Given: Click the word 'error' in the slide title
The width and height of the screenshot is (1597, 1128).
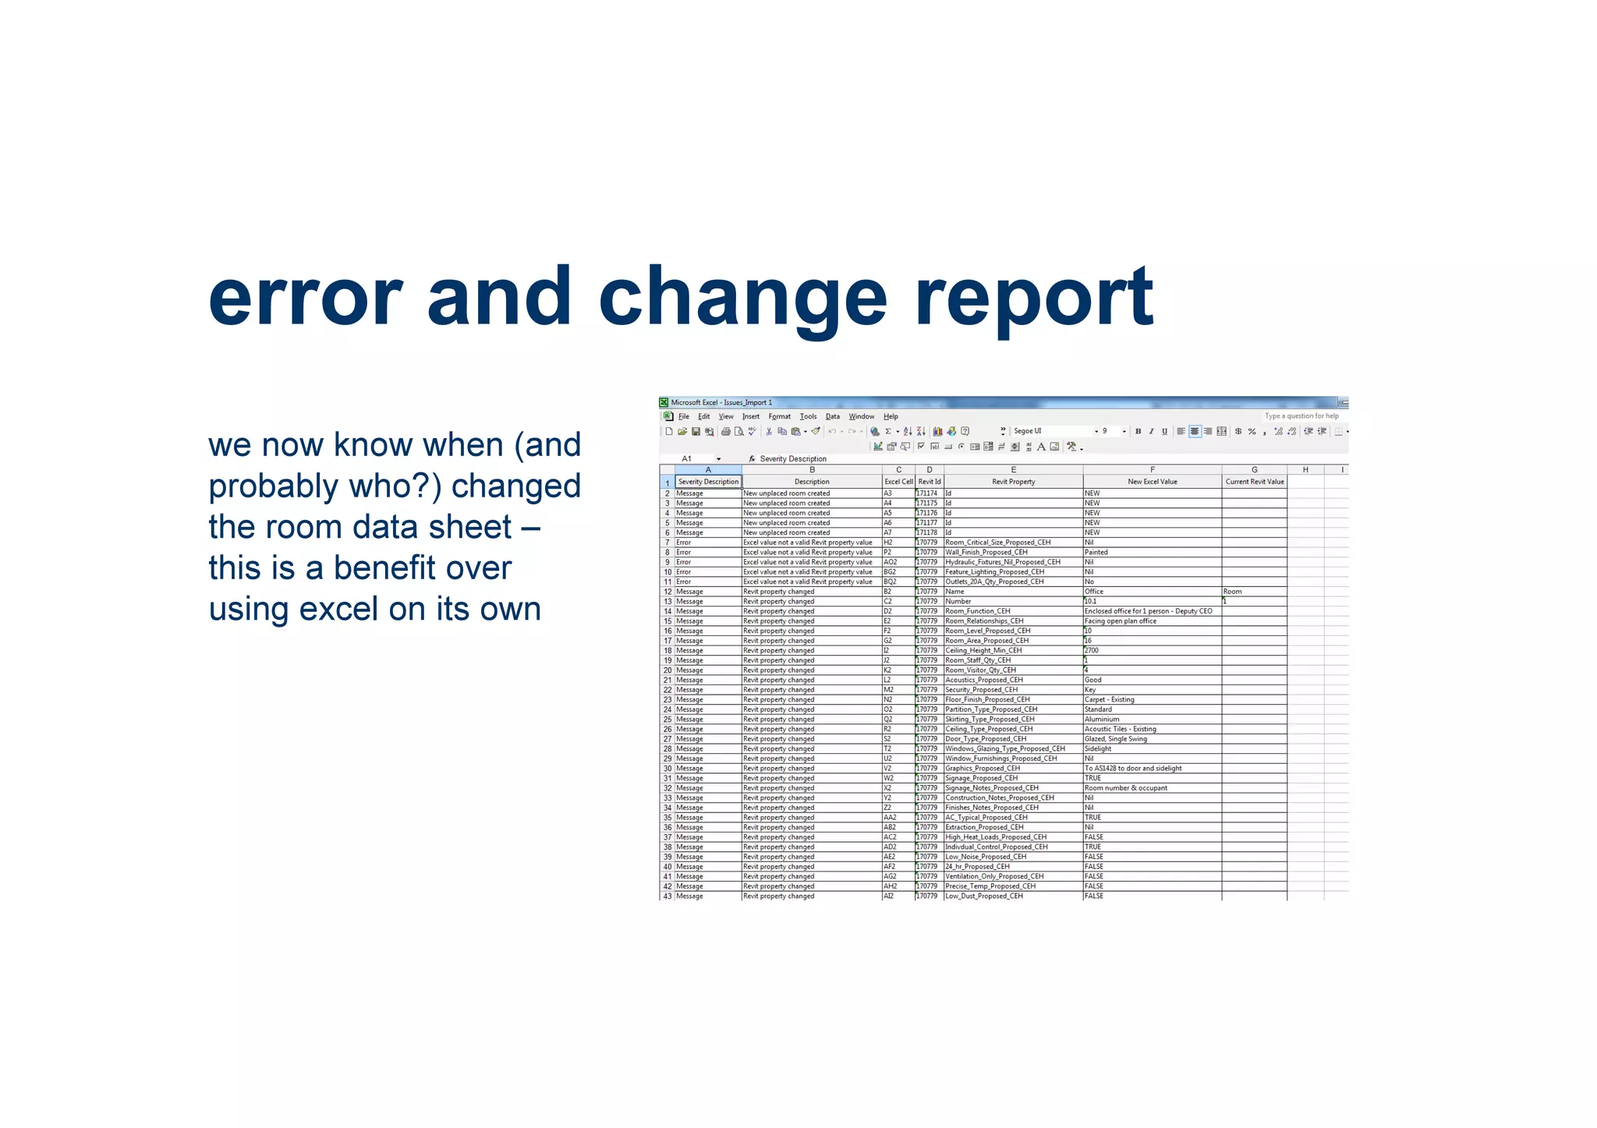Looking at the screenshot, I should [x=305, y=298].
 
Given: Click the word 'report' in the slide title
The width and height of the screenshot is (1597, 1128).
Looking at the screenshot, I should [x=1033, y=298].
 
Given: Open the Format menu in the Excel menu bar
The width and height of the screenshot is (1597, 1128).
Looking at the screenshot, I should [x=779, y=416].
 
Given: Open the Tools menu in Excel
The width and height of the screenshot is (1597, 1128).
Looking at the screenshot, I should [x=808, y=416].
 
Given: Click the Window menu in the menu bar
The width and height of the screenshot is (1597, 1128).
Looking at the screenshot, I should [x=861, y=416].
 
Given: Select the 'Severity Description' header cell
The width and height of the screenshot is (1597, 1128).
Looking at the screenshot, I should [x=708, y=482].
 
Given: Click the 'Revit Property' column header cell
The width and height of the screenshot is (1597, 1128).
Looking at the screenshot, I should [x=1013, y=482].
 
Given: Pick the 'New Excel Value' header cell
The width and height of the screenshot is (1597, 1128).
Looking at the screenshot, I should [x=1152, y=482].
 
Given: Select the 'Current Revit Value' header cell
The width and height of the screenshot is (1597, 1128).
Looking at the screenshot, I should [x=1254, y=482].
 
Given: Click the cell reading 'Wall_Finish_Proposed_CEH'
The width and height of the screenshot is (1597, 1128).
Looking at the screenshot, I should [x=986, y=552].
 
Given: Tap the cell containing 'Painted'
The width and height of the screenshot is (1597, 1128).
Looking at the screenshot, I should [x=1096, y=552].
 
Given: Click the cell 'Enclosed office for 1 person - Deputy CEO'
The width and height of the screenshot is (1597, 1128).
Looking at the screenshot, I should [x=1148, y=611].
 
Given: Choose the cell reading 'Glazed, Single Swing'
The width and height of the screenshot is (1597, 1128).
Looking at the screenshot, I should [x=1116, y=739].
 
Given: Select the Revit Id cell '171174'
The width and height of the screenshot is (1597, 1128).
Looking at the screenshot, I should [x=927, y=493].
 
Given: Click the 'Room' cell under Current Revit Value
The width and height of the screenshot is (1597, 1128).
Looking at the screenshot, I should [x=1233, y=592].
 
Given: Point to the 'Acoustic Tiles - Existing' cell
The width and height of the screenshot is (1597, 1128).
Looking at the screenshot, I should [x=1121, y=729].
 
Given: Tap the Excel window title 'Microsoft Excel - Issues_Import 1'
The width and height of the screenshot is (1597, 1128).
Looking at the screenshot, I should [x=721, y=403].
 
